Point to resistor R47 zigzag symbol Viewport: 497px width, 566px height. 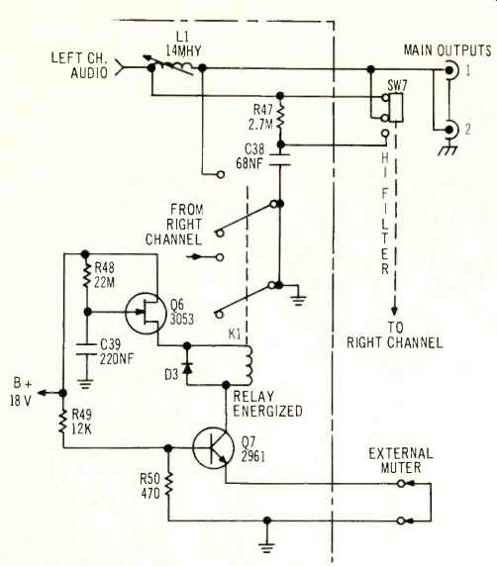point(280,118)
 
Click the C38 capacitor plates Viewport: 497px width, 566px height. point(280,160)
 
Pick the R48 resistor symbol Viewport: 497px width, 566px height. point(85,275)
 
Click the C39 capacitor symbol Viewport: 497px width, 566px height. point(85,349)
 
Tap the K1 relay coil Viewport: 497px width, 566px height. point(248,365)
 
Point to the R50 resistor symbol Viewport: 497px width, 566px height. point(168,486)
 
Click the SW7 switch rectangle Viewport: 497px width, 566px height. point(397,108)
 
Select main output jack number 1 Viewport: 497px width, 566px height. point(450,70)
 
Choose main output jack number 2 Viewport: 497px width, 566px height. point(450,130)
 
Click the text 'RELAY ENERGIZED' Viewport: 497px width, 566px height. point(267,404)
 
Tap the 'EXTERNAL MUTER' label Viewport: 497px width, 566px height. point(401,460)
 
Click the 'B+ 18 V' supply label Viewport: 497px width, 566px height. point(21,392)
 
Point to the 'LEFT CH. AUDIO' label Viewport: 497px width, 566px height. point(79,65)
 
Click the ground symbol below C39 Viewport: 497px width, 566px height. point(85,384)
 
